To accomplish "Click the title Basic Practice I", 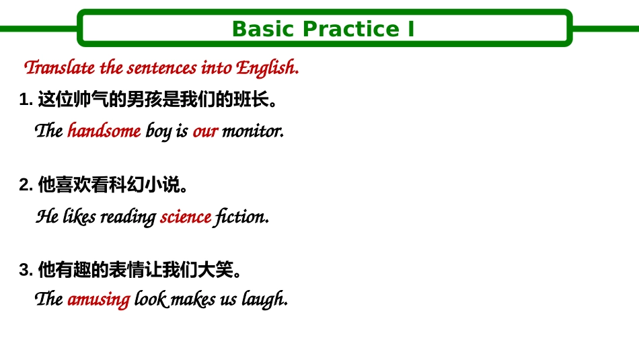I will coord(323,29).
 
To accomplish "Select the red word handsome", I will coord(104,131).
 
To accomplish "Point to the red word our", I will coord(205,131).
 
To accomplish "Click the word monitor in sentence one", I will coord(252,131).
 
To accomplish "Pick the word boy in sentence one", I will coord(158,131).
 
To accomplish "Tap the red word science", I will coord(186,217).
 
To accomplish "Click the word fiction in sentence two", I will coord(241,217).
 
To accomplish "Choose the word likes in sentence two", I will coord(79,217).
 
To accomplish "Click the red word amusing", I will coord(98,299).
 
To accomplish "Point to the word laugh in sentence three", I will coord(265,299).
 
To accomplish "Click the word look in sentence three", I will coord(151,299).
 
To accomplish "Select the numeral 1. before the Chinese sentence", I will coord(26,101).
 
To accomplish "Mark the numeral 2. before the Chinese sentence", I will coord(26,185).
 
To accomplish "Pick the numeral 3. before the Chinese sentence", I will coord(26,271).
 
